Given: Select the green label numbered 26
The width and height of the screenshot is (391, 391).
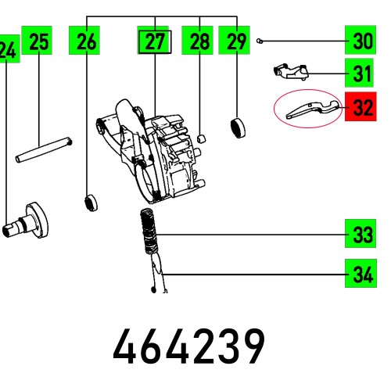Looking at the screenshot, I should coord(86,42).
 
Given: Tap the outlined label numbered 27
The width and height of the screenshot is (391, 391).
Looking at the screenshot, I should coord(155,42).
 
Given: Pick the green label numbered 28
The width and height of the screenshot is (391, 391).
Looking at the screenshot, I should coord(199,42).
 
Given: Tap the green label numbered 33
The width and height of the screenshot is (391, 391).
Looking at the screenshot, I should coord(361,234).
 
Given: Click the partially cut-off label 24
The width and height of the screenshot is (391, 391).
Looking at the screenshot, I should coord(8,52).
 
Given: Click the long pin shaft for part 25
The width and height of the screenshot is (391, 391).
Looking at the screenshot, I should coord(44,149).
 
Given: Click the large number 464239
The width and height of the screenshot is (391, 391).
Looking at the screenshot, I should coord(189,347).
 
